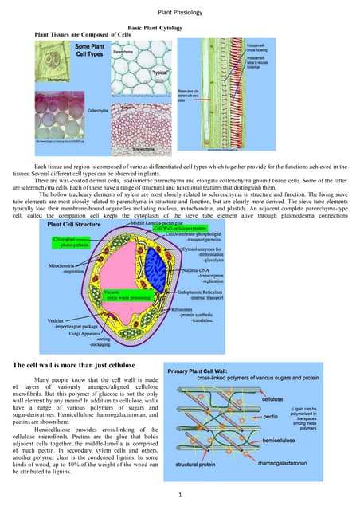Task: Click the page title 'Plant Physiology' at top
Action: click(x=181, y=14)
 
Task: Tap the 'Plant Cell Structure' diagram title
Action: click(x=72, y=203)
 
